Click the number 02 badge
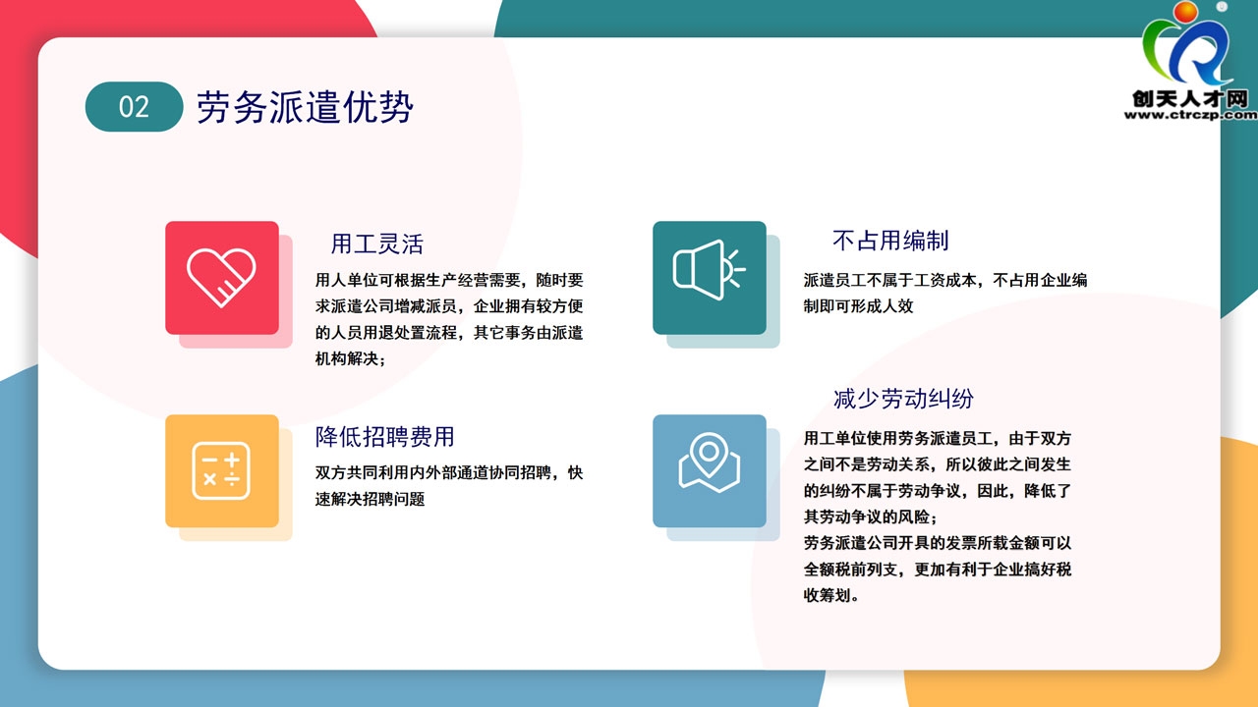[135, 107]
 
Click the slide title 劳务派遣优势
[305, 107]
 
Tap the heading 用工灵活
[376, 245]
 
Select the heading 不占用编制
[890, 241]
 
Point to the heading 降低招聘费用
[384, 437]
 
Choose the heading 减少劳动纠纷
[903, 399]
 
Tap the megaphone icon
[709, 270]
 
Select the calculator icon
[221, 470]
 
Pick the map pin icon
[710, 462]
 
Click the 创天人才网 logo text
[1190, 99]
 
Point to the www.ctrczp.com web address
[1190, 115]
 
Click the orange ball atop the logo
[1185, 13]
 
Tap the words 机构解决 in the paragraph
[346, 358]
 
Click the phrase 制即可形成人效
[858, 306]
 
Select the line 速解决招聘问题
[370, 499]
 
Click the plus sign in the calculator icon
[232, 461]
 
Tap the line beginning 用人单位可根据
[449, 280]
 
